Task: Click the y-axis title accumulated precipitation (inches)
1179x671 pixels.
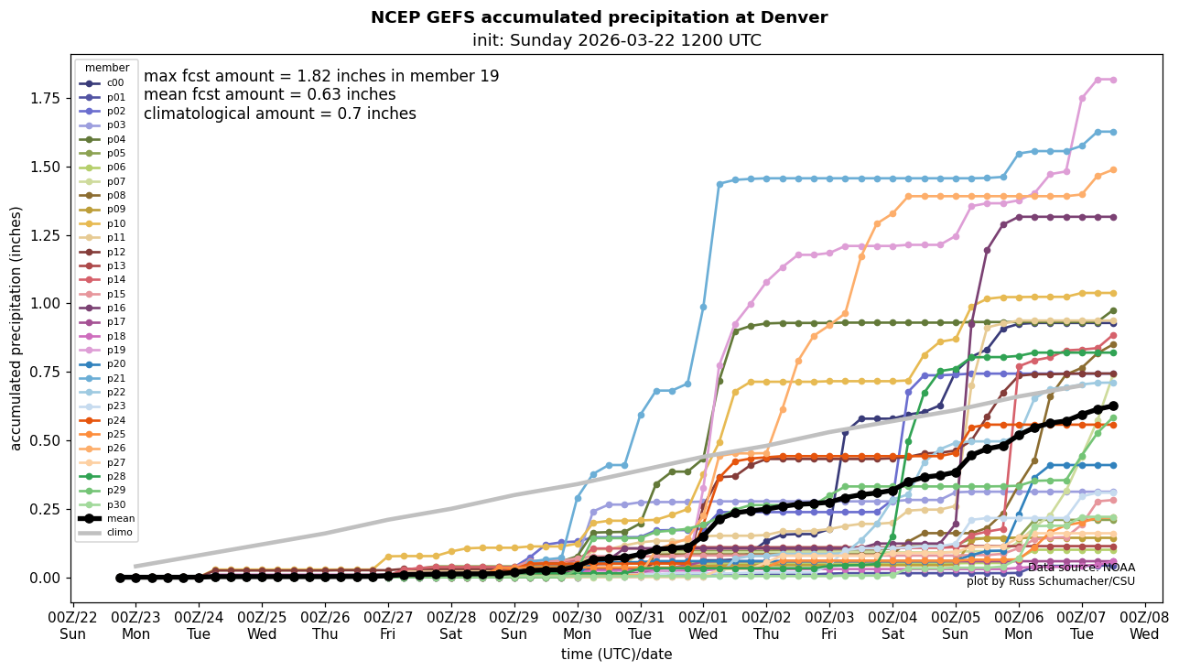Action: (16, 328)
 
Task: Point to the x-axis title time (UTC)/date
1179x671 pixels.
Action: (616, 655)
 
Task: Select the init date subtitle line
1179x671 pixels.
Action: (616, 40)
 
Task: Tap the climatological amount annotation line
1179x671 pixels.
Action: (279, 114)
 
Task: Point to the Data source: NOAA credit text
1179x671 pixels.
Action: (1080, 568)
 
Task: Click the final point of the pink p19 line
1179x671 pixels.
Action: (1113, 80)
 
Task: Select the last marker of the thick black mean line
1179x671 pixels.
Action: (1113, 406)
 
